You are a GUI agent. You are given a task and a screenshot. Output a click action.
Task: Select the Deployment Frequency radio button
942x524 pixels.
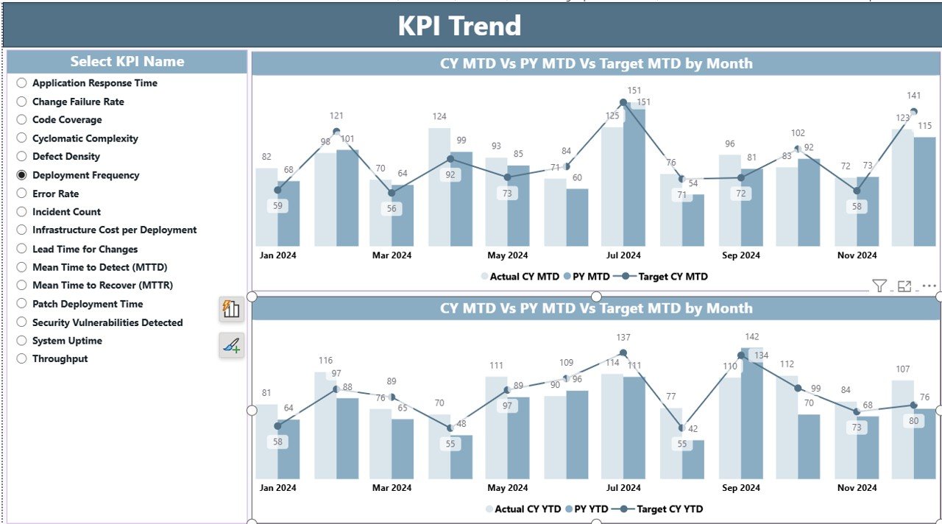pos(21,175)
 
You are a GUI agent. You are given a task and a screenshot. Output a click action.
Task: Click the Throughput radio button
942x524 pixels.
pos(21,358)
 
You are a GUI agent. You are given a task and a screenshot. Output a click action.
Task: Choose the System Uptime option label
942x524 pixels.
pos(67,341)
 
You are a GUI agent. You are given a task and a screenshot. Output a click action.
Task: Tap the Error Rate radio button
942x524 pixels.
pos(21,194)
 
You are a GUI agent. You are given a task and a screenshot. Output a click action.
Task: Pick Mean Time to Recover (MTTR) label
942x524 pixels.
pos(102,286)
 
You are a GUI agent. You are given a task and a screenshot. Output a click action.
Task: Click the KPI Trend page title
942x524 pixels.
pos(460,26)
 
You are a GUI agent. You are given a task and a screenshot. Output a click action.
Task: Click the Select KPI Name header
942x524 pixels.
pos(127,62)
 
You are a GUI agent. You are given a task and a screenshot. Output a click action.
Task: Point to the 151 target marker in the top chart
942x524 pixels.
pos(623,102)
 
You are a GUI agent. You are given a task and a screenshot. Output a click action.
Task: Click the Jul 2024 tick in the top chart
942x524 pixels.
pos(623,255)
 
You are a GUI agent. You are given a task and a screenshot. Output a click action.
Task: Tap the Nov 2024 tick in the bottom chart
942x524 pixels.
pos(857,488)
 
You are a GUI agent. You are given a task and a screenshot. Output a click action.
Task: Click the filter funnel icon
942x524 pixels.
pos(879,286)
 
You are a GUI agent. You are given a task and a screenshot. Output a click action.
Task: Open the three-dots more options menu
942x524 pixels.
pos(929,286)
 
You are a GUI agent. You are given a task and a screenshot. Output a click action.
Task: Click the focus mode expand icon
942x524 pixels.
pos(904,286)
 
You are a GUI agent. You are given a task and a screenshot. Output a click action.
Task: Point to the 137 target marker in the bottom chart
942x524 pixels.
pos(623,353)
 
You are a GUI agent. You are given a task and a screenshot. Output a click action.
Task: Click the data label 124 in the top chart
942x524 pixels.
pos(439,116)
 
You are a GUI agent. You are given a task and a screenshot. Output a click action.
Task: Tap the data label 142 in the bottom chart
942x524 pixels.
pos(751,337)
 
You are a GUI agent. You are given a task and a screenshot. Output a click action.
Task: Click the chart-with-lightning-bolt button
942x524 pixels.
pos(231,309)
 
